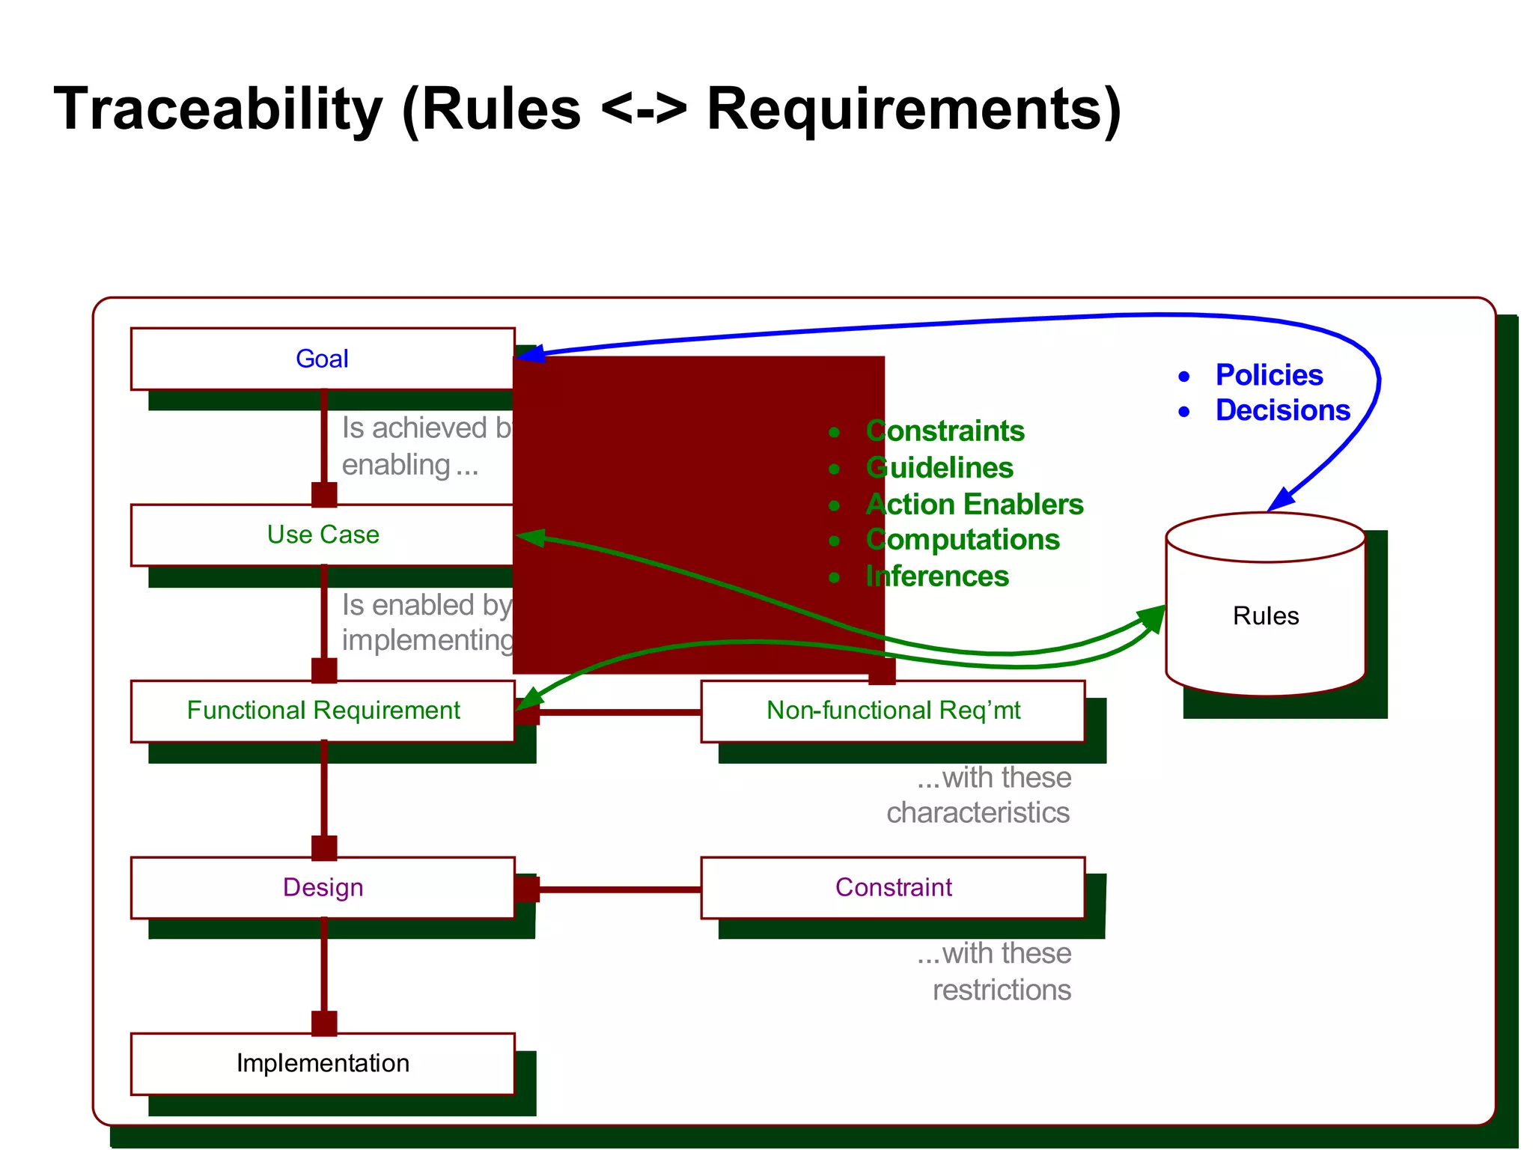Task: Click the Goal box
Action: pos(322,359)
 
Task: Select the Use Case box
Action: pos(322,535)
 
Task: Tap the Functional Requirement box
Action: pos(322,711)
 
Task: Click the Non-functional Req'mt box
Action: pos(892,711)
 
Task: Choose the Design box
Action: pos(322,887)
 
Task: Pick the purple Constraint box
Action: pos(892,887)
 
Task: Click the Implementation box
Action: pos(322,1063)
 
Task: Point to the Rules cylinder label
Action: pos(1265,615)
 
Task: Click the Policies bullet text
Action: pos(1269,375)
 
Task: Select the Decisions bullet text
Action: pos(1282,410)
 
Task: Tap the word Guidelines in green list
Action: pos(939,468)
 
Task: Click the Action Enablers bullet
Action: pos(974,504)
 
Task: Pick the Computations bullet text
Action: pos(963,540)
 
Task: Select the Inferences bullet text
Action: pos(937,576)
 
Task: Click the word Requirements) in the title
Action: pos(913,109)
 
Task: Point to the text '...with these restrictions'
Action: pos(996,972)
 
